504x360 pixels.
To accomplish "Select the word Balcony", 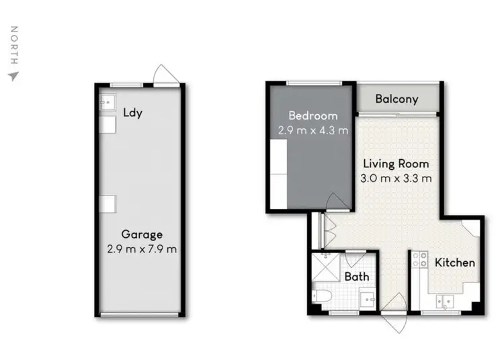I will click(396, 99).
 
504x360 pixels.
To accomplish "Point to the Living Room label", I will click(396, 163).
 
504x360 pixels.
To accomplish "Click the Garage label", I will click(142, 234).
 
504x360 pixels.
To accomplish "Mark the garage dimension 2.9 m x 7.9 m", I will click(142, 249).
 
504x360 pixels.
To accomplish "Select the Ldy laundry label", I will click(132, 113).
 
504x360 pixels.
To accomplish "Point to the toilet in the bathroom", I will click(321, 296).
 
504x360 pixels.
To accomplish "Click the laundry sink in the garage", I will click(106, 102).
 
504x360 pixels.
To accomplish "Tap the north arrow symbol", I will click(12, 76).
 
